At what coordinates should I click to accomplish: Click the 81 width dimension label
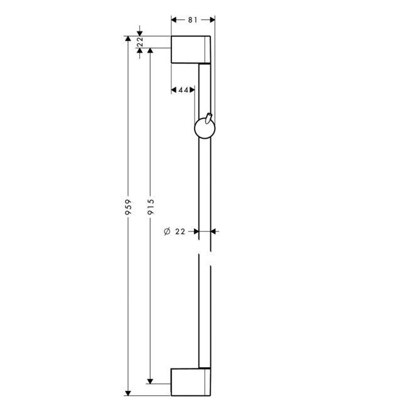click(x=193, y=20)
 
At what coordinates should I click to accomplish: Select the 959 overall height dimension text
click(x=128, y=208)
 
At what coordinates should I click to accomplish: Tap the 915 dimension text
click(x=151, y=208)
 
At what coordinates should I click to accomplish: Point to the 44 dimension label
click(x=183, y=90)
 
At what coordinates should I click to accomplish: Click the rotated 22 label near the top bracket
click(x=140, y=42)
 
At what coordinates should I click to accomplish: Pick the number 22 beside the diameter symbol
click(x=180, y=232)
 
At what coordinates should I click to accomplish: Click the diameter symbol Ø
click(x=166, y=232)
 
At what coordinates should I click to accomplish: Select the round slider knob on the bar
click(x=204, y=129)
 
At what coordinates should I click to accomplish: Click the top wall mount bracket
click(x=191, y=50)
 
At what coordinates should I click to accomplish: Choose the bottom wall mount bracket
click(x=191, y=381)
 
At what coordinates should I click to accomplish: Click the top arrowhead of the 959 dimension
click(x=128, y=40)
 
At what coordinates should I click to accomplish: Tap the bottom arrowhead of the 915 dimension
click(x=151, y=378)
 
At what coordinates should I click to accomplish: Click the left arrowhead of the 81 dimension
click(x=175, y=20)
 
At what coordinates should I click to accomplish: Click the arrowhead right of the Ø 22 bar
click(x=214, y=232)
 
